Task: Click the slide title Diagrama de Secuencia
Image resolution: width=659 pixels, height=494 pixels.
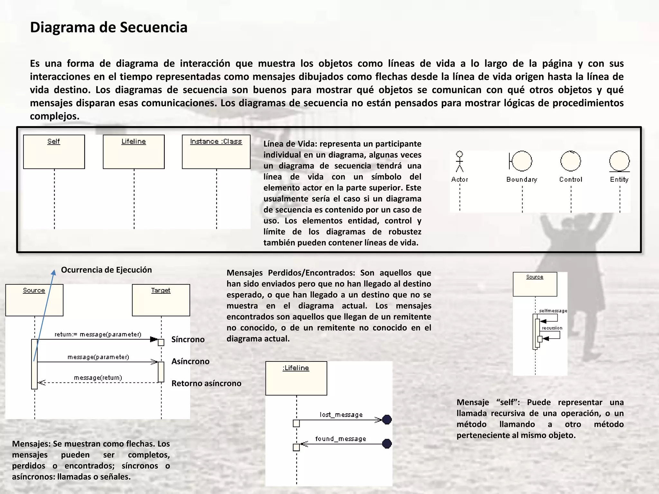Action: point(108,27)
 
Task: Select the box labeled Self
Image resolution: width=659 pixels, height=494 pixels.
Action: point(54,151)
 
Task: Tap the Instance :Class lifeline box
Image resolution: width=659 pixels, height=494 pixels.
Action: point(216,151)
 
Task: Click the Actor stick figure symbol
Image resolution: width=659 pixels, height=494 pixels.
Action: point(459,162)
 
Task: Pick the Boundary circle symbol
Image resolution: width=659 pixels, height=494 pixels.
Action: point(521,161)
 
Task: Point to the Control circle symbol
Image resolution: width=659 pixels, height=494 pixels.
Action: point(571,161)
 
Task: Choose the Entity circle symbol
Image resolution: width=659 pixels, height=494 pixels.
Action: point(619,161)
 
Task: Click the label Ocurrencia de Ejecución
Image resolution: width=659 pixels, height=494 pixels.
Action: point(106,270)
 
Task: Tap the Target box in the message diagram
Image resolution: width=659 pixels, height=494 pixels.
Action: point(161,300)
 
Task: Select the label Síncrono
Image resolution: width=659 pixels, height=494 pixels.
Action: point(188,339)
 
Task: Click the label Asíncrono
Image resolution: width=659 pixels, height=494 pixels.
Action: point(190,361)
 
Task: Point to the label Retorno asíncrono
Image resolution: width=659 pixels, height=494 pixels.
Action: point(206,383)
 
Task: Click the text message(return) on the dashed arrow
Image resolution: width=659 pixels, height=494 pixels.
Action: point(98,378)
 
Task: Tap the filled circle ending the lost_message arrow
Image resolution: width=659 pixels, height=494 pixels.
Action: point(387,419)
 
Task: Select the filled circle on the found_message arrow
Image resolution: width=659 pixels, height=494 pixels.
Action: point(387,444)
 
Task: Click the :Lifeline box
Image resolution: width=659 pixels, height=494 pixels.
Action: point(296,378)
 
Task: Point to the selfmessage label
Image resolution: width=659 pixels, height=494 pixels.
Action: point(553,311)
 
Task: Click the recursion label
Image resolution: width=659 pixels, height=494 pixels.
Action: point(552,328)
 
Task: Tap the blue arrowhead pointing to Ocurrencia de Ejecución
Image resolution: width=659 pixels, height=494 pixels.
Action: point(54,272)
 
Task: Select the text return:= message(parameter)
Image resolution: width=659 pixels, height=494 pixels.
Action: point(98,334)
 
